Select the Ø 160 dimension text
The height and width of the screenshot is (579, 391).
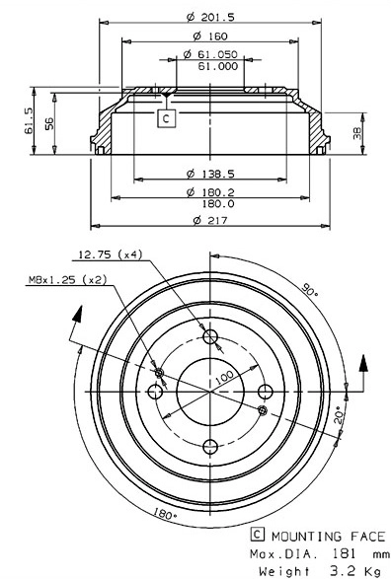point(208,36)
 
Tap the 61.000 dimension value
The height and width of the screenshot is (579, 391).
point(217,67)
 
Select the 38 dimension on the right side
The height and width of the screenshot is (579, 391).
point(357,132)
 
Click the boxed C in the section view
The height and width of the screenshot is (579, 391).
point(167,118)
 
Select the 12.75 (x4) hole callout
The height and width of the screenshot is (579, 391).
point(110,254)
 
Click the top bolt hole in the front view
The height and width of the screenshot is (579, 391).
point(209,338)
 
